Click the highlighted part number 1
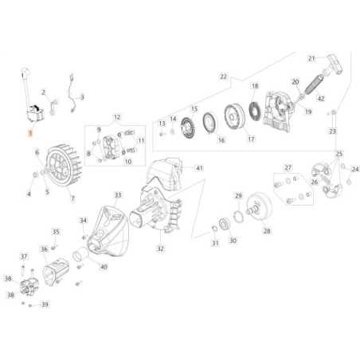[x=31, y=136]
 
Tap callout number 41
[x=200, y=168]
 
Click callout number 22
[x=224, y=77]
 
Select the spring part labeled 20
[x=295, y=96]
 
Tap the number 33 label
[x=118, y=194]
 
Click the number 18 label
[x=254, y=85]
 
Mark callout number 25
[x=339, y=153]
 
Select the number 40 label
[x=104, y=267]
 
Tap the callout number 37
[x=24, y=256]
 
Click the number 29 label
[x=237, y=195]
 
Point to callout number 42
[x=321, y=99]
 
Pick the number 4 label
[x=29, y=194]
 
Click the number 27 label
[x=288, y=167]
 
